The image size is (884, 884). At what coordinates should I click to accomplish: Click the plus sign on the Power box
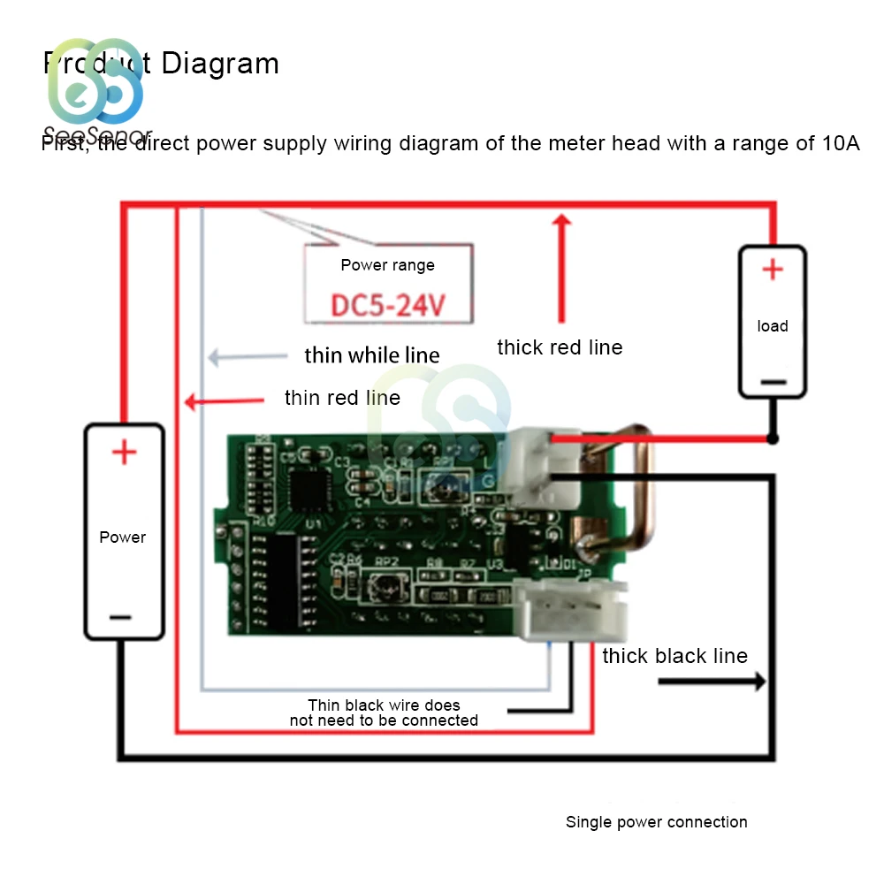point(124,453)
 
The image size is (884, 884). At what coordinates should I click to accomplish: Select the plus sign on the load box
point(773,270)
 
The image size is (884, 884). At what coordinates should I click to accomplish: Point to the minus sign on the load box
point(773,382)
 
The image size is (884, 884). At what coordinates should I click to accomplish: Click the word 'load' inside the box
point(773,326)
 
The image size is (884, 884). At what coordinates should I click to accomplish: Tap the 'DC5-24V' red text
point(388,306)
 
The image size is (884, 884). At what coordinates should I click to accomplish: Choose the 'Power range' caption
point(388,265)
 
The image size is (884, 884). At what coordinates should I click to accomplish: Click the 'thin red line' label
point(342,398)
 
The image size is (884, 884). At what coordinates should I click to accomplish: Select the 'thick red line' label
point(560,347)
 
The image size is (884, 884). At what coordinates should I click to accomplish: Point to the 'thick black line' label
point(674,656)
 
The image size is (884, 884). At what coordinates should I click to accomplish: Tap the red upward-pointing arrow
point(560,265)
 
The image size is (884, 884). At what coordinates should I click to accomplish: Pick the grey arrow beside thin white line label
point(248,357)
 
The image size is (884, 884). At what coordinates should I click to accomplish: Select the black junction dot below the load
point(773,438)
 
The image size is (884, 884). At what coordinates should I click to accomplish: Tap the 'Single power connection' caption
point(656,822)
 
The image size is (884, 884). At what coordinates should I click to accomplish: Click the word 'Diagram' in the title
point(220,64)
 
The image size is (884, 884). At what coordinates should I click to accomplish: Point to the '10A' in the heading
point(838,143)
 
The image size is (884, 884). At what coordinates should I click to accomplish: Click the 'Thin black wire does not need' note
point(384,713)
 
